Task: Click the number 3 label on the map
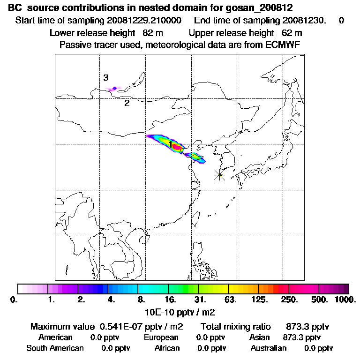point(106,78)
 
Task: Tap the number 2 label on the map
point(127,103)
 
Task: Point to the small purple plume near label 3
point(114,88)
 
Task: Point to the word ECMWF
point(283,45)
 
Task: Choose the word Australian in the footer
point(269,348)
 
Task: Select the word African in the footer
point(167,348)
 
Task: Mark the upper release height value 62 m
point(292,33)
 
